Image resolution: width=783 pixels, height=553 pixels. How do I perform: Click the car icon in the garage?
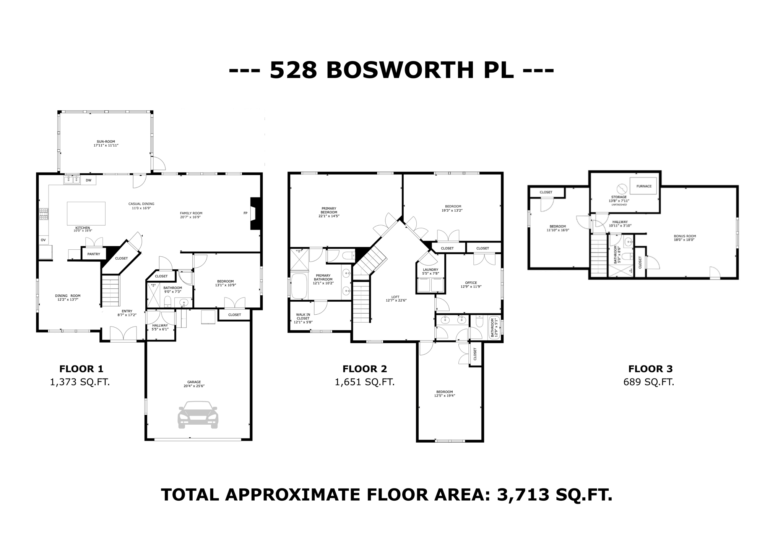click(198, 415)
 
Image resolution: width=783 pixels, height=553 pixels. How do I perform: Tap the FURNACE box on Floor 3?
click(643, 186)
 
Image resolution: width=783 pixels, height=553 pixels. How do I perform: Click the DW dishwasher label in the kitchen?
click(88, 180)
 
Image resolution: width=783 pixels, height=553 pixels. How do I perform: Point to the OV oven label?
click(43, 240)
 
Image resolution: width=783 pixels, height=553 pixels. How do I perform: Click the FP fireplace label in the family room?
click(245, 213)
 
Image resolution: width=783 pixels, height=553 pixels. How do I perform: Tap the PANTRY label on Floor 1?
click(94, 254)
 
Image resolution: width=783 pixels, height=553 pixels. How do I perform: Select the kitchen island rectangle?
click(86, 213)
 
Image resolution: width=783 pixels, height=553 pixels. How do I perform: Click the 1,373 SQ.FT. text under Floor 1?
click(80, 382)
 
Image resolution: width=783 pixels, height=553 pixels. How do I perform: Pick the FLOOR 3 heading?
click(650, 369)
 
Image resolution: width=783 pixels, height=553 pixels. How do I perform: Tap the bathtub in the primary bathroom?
click(299, 286)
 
